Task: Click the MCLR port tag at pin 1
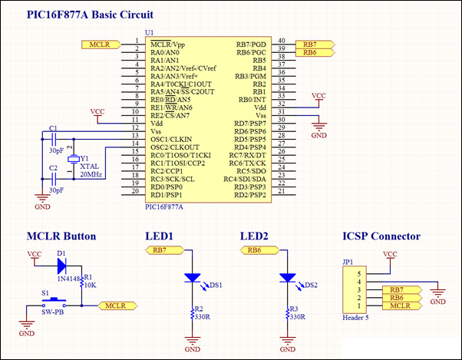[101, 45]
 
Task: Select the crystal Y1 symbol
[74, 159]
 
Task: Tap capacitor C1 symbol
[54, 139]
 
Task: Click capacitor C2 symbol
[54, 179]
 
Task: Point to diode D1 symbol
[61, 266]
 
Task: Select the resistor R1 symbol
[81, 282]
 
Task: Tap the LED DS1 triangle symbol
[192, 278]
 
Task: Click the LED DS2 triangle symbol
[287, 278]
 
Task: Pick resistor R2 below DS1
[193, 314]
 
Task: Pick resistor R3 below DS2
[288, 314]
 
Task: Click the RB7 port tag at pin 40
[315, 45]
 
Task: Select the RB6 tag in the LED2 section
[259, 250]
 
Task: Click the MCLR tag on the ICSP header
[402, 306]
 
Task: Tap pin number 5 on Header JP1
[359, 274]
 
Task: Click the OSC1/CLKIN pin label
[171, 140]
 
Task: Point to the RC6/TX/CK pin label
[247, 163]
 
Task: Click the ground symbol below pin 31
[318, 127]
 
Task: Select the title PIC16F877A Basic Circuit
[90, 15]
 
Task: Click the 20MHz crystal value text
[91, 174]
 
